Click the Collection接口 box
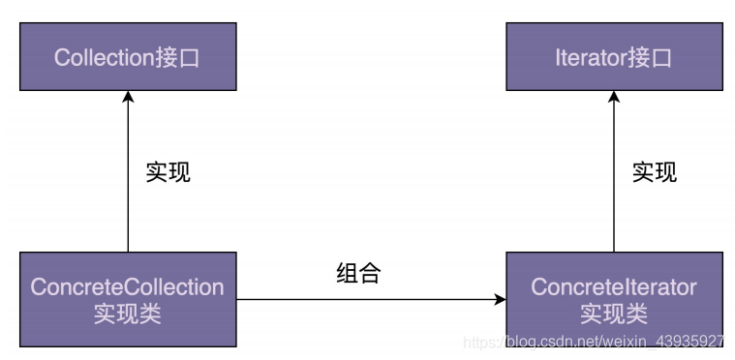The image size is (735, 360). (x=127, y=56)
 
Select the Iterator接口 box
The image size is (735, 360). (x=614, y=56)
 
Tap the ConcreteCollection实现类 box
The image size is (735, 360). (x=127, y=300)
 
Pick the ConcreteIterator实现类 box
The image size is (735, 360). (x=614, y=300)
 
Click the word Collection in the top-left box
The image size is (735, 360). (x=104, y=57)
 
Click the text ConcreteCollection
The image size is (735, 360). (x=127, y=287)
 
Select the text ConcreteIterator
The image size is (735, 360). (x=614, y=287)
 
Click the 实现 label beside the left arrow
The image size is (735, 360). (x=168, y=172)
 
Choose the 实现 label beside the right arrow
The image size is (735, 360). (x=655, y=172)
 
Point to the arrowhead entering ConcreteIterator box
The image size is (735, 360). (x=499, y=300)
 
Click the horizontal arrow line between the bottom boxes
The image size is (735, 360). (x=368, y=300)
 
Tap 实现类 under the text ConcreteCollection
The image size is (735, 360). (x=127, y=314)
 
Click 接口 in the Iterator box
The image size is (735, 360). (x=652, y=57)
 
